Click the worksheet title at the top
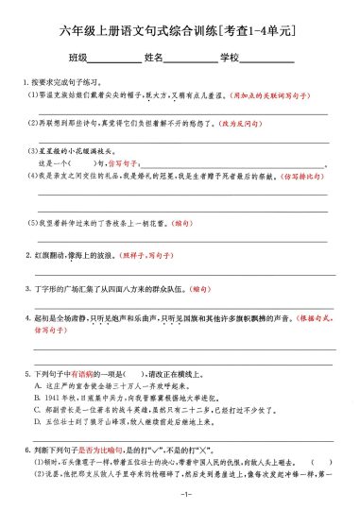pyautogui.click(x=180, y=35)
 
